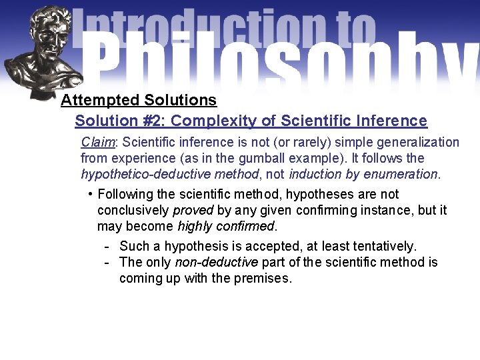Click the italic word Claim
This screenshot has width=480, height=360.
[98, 142]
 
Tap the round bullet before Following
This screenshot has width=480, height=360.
[90, 193]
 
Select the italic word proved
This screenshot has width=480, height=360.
[193, 210]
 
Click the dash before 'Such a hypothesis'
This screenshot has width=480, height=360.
[107, 246]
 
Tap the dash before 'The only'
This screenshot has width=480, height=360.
[107, 262]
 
